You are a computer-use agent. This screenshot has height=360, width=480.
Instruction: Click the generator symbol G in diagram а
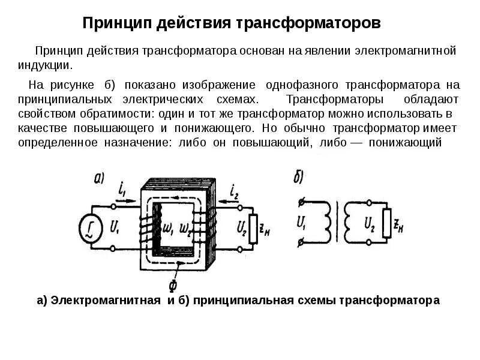pos(89,229)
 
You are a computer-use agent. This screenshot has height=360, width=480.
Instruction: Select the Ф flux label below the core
pos(173,281)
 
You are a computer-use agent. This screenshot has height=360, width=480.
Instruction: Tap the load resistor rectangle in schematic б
pos(388,225)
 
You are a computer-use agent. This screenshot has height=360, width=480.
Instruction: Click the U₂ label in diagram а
pos(241,227)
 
